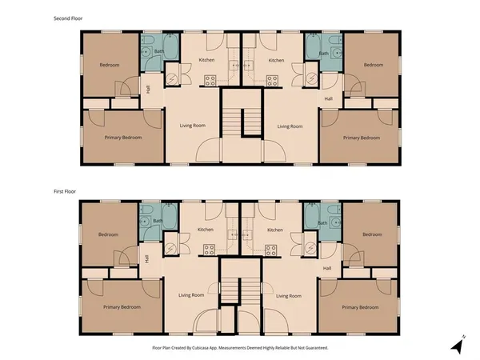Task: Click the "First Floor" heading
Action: (x=64, y=192)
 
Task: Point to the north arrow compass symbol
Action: (x=457, y=346)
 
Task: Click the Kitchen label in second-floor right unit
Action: (x=277, y=60)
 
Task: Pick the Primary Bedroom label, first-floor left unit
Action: (x=122, y=306)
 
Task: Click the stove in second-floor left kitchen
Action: (x=210, y=79)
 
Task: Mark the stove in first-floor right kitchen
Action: (x=271, y=249)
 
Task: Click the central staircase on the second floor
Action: (x=241, y=120)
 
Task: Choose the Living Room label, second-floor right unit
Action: (x=290, y=126)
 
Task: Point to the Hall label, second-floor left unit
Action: (x=146, y=89)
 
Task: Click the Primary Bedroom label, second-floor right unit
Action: (x=362, y=138)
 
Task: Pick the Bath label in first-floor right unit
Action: (x=323, y=222)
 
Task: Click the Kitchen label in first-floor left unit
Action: (x=206, y=230)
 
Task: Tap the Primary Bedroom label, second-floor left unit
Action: (x=123, y=138)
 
